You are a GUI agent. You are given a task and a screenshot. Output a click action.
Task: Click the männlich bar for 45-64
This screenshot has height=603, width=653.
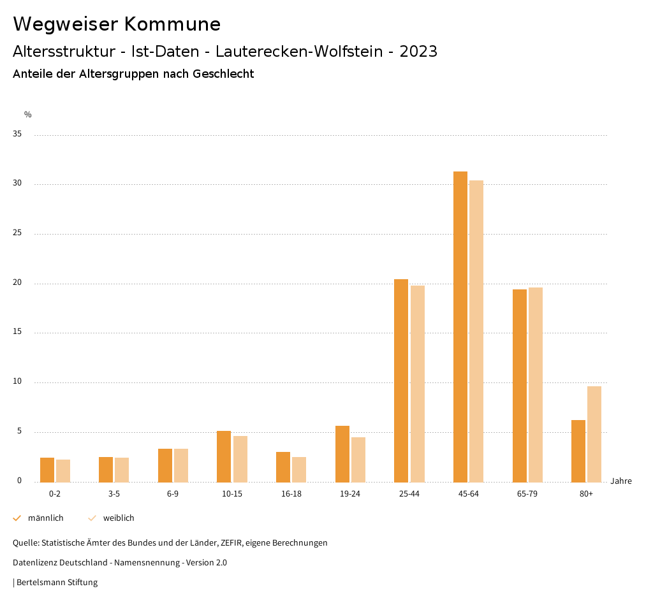coord(460,326)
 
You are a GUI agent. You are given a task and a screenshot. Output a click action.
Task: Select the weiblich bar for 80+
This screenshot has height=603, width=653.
coord(594,434)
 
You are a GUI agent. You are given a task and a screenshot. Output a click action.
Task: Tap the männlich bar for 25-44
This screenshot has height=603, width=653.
coord(401,381)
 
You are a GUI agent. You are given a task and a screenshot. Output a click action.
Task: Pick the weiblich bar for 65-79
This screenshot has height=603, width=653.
coord(536,384)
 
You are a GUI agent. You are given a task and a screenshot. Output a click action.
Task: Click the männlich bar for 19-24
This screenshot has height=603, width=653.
coord(342,454)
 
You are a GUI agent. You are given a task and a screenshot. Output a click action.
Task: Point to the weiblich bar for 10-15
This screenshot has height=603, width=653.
coord(240,459)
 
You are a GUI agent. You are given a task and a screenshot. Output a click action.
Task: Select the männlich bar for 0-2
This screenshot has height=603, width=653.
coord(47,470)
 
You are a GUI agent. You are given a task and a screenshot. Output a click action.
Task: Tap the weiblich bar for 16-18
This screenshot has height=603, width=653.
coord(299,469)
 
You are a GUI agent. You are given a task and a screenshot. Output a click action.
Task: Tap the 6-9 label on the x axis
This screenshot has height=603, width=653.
coord(173,494)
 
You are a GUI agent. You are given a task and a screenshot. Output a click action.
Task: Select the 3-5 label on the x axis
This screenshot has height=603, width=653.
coord(114,494)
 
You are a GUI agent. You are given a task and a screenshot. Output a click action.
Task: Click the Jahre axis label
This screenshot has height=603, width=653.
coord(621,481)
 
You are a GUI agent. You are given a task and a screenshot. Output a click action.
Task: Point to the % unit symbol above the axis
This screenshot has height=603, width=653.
coord(28,115)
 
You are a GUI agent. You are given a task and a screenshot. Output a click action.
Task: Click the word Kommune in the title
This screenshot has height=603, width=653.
coord(172,24)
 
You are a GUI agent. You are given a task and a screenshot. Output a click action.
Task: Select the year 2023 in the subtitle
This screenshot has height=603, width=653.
coord(418,52)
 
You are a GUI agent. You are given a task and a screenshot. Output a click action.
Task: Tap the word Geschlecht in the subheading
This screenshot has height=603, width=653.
coord(223,74)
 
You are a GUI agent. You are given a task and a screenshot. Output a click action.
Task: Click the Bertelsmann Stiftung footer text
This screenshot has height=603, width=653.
coord(57,583)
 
